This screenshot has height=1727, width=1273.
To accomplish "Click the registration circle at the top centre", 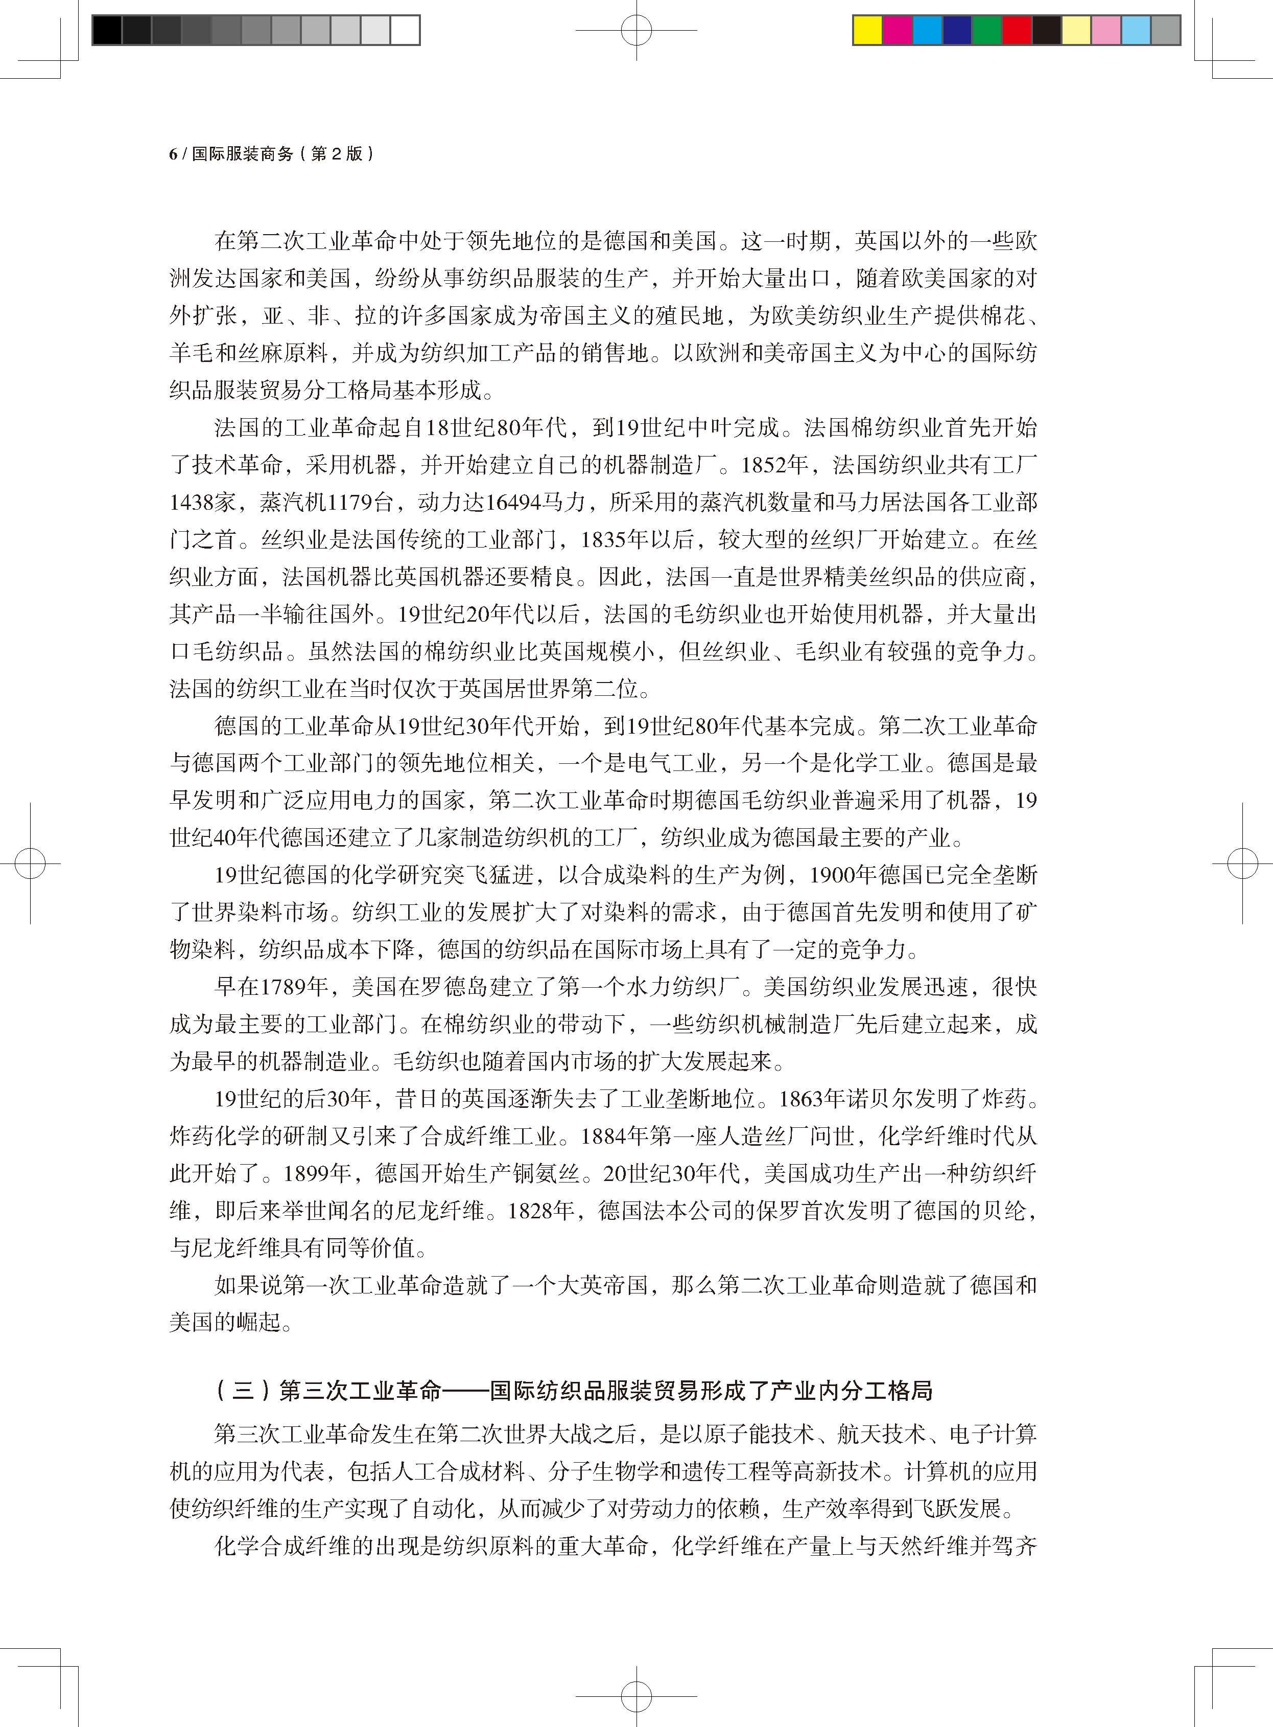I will (x=636, y=31).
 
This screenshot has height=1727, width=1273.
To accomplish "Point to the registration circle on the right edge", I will (x=1242, y=862).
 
